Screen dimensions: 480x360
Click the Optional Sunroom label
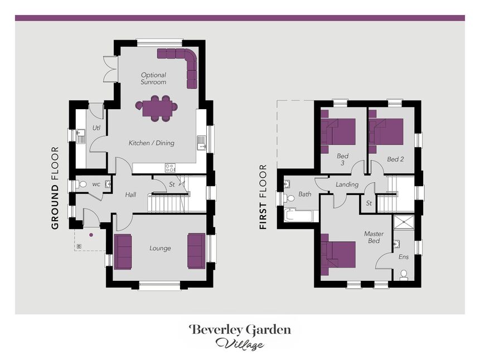pyautogui.click(x=153, y=79)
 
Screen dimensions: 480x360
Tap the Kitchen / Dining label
pyautogui.click(x=151, y=143)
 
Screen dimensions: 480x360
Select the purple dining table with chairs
pyautogui.click(x=157, y=108)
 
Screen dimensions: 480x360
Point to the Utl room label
pyautogui.click(x=96, y=128)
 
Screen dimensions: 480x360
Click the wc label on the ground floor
pyautogui.click(x=96, y=184)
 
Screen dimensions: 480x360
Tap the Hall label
pyautogui.click(x=130, y=194)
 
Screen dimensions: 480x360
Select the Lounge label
pyautogui.click(x=160, y=248)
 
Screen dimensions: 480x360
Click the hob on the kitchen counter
pyautogui.click(x=170, y=168)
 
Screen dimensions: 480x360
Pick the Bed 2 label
pyautogui.click(x=395, y=159)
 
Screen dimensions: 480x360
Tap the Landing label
pyautogui.click(x=347, y=184)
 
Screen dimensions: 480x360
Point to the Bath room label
pyautogui.click(x=304, y=194)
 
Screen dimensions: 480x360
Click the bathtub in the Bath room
pyautogui.click(x=298, y=216)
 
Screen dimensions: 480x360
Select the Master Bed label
pyautogui.click(x=374, y=237)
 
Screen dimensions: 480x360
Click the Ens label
pyautogui.click(x=404, y=257)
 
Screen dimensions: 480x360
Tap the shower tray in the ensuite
pyautogui.click(x=404, y=222)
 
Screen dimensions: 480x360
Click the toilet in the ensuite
pyautogui.click(x=404, y=275)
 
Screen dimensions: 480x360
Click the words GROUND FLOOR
pyautogui.click(x=55, y=188)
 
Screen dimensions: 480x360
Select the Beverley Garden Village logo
pyautogui.click(x=240, y=337)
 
